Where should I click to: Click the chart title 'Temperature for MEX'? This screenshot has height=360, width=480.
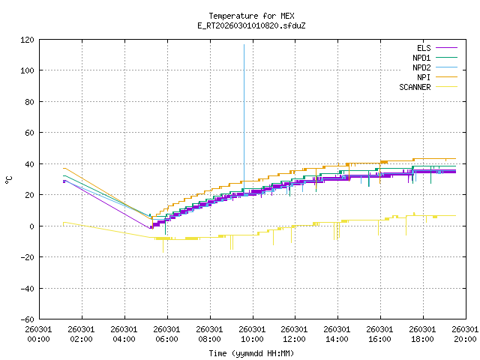pyautogui.click(x=251, y=16)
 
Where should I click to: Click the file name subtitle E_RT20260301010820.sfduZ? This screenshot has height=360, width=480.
pyautogui.click(x=251, y=25)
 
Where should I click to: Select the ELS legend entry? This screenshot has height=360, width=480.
pyautogui.click(x=424, y=48)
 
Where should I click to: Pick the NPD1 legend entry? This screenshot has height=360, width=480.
pyautogui.click(x=421, y=58)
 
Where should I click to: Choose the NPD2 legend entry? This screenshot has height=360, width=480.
pyautogui.click(x=421, y=67)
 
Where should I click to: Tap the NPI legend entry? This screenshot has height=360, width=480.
pyautogui.click(x=423, y=77)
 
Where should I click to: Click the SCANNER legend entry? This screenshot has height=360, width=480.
pyautogui.click(x=415, y=87)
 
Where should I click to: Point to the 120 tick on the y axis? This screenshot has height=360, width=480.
pyautogui.click(x=26, y=40)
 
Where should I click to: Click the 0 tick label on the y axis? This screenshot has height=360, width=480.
pyautogui.click(x=31, y=226)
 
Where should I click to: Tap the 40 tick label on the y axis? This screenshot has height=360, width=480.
pyautogui.click(x=28, y=163)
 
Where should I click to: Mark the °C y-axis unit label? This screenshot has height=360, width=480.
pyautogui.click(x=9, y=179)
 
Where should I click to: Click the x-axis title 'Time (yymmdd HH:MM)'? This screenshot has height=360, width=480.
pyautogui.click(x=251, y=353)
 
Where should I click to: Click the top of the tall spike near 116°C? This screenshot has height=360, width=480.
pyautogui.click(x=244, y=45)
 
